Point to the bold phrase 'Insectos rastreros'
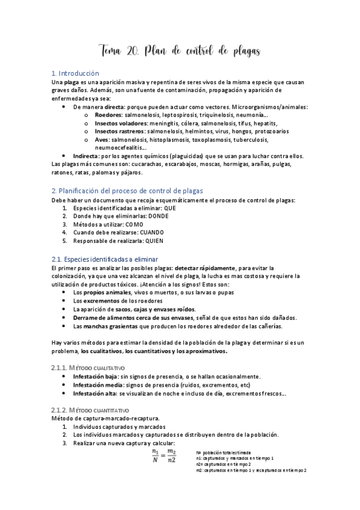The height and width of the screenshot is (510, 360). point(120,131)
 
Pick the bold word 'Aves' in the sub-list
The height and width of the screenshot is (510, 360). point(102,139)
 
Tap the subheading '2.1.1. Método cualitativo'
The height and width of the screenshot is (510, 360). point(88,366)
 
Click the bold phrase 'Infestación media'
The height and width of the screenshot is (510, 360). point(95,385)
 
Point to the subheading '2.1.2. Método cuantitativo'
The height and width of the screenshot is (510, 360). point(90,409)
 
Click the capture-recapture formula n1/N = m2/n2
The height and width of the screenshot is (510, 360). point(163,456)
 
